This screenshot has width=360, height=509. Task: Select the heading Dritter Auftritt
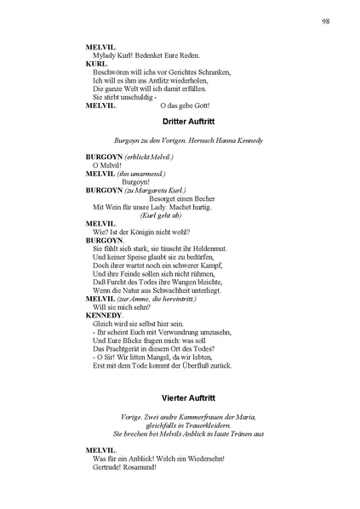(x=179, y=123)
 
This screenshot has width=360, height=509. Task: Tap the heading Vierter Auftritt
(x=179, y=398)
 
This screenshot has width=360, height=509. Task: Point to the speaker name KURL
(x=95, y=64)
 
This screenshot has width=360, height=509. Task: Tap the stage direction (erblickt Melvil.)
(x=150, y=157)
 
